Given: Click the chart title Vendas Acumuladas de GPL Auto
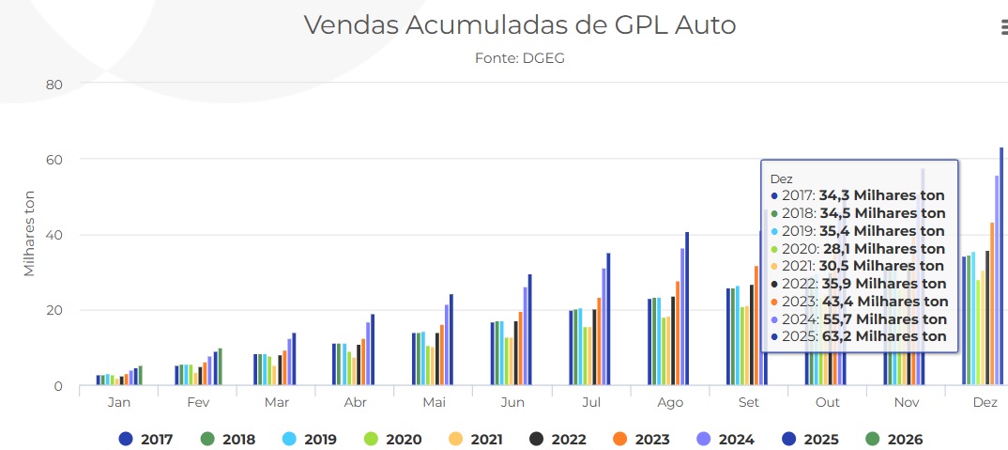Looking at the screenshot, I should (x=519, y=25).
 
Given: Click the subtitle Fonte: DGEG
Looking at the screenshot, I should (x=520, y=58).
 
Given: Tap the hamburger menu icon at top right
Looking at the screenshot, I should (x=1001, y=28).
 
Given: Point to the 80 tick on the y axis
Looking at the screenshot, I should (x=53, y=85).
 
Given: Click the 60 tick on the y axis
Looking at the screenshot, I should (x=53, y=160).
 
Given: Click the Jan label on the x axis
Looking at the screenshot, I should (x=119, y=402).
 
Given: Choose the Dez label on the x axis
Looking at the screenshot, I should (x=985, y=402).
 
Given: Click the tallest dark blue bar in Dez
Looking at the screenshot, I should (x=1001, y=268).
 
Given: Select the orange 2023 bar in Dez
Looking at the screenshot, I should (x=992, y=304).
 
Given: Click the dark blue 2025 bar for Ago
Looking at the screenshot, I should (x=687, y=309).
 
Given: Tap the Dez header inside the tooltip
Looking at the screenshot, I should (x=781, y=178).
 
